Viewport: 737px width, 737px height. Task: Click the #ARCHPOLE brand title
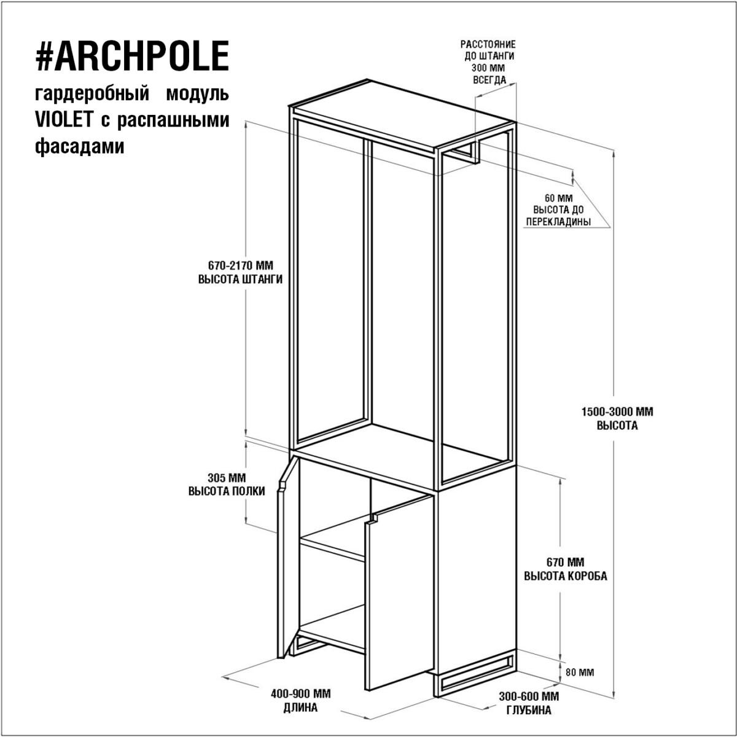click(132, 56)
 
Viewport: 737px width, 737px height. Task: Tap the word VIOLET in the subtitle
click(64, 120)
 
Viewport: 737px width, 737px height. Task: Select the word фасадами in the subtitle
click(80, 146)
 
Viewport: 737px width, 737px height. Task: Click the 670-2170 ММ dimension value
click(241, 265)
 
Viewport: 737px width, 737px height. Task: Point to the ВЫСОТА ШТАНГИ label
click(240, 279)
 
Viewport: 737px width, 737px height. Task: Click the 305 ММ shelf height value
click(227, 478)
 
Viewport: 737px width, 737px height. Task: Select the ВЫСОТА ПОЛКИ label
click(227, 491)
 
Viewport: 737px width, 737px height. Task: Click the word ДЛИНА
click(300, 708)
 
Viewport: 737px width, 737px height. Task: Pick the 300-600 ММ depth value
click(529, 696)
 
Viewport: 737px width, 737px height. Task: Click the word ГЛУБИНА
click(529, 711)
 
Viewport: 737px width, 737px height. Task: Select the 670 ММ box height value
click(565, 562)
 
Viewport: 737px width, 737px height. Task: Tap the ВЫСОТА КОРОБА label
click(565, 576)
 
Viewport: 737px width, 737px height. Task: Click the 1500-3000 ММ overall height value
click(617, 412)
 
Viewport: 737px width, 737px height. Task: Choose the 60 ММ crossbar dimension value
click(558, 198)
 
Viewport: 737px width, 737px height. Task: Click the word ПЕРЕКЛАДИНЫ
click(558, 222)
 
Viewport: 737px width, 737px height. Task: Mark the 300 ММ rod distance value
click(489, 68)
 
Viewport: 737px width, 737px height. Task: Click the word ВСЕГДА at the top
click(489, 80)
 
